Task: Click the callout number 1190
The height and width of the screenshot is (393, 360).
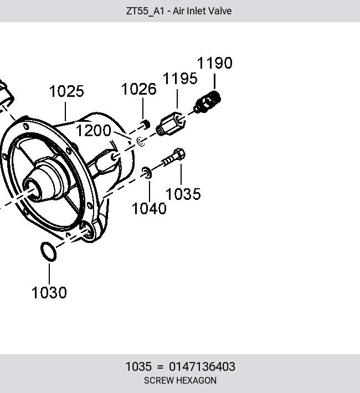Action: click(x=215, y=63)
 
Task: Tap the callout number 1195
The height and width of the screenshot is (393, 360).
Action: click(x=180, y=79)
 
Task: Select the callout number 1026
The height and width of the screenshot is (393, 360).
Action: click(x=138, y=89)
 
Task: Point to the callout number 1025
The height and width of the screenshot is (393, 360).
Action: click(x=66, y=91)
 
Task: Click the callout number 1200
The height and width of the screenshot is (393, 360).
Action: click(x=94, y=131)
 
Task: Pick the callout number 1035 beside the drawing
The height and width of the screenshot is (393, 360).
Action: click(x=183, y=194)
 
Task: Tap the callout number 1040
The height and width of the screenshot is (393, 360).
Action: click(x=149, y=209)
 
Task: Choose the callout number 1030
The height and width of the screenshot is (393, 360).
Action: click(x=49, y=292)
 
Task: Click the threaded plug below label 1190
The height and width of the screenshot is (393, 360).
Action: click(x=207, y=102)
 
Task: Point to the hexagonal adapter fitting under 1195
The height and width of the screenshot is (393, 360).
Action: click(x=171, y=124)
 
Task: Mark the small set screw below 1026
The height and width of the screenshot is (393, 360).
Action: click(x=145, y=124)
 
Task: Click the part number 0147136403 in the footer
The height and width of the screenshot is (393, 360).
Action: click(x=202, y=366)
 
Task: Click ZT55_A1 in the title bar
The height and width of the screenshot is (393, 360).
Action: click(x=145, y=11)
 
